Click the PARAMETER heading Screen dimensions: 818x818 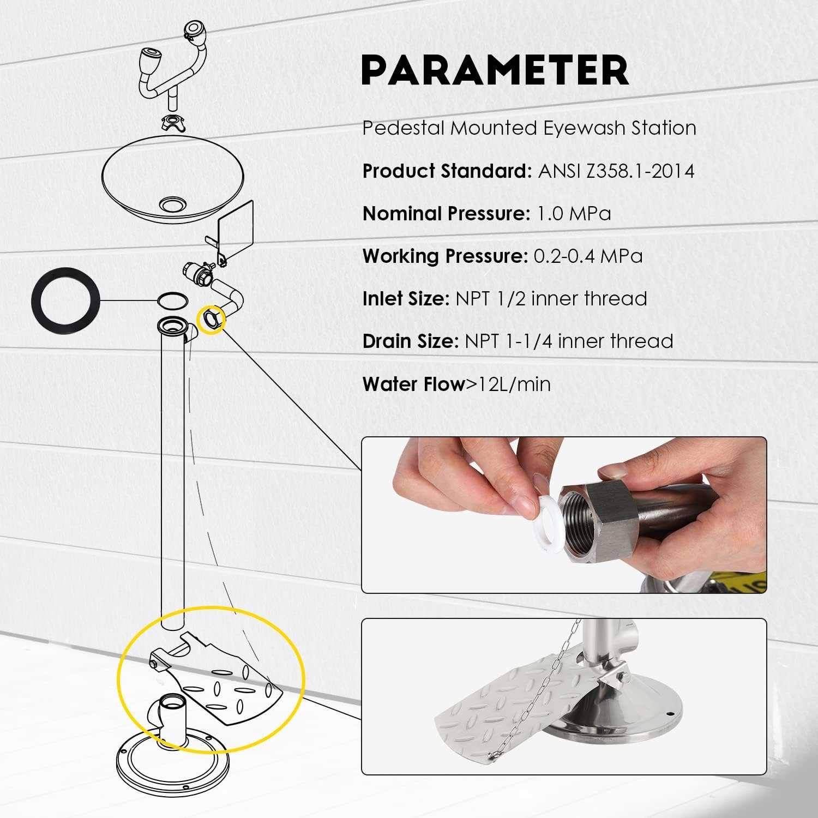pyautogui.click(x=495, y=70)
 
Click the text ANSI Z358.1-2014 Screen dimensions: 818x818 pyautogui.click(x=616, y=171)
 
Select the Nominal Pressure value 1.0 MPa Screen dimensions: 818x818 pyautogui.click(x=574, y=213)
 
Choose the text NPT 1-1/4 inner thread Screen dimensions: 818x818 pyautogui.click(x=569, y=341)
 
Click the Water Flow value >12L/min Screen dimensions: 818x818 pyautogui.click(x=508, y=384)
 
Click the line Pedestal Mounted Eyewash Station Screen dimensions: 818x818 pyautogui.click(x=530, y=128)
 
